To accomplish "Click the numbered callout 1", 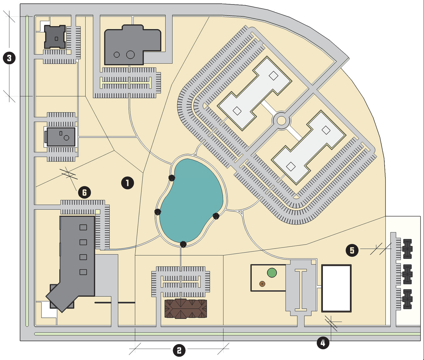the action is (128, 183).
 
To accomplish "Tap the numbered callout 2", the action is (179, 350).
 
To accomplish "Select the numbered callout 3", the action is (9, 58).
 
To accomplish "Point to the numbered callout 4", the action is (323, 343).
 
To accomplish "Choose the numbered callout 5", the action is (352, 250).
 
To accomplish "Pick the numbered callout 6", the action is (84, 192).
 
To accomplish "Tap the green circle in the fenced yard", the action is (272, 272).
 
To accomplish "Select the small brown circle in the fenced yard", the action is (262, 284).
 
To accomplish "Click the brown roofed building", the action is (186, 309).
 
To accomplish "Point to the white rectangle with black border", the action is (336, 288).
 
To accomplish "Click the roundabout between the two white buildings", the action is (281, 120).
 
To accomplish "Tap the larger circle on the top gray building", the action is (130, 55).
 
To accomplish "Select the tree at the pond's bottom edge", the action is (183, 244).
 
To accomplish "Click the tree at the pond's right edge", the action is (216, 216).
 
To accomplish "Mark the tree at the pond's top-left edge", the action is (172, 178).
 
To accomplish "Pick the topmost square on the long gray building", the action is (83, 227).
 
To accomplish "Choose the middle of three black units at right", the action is (407, 274).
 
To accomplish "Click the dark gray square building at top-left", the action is (55, 37).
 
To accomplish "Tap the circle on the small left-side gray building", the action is (66, 138).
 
